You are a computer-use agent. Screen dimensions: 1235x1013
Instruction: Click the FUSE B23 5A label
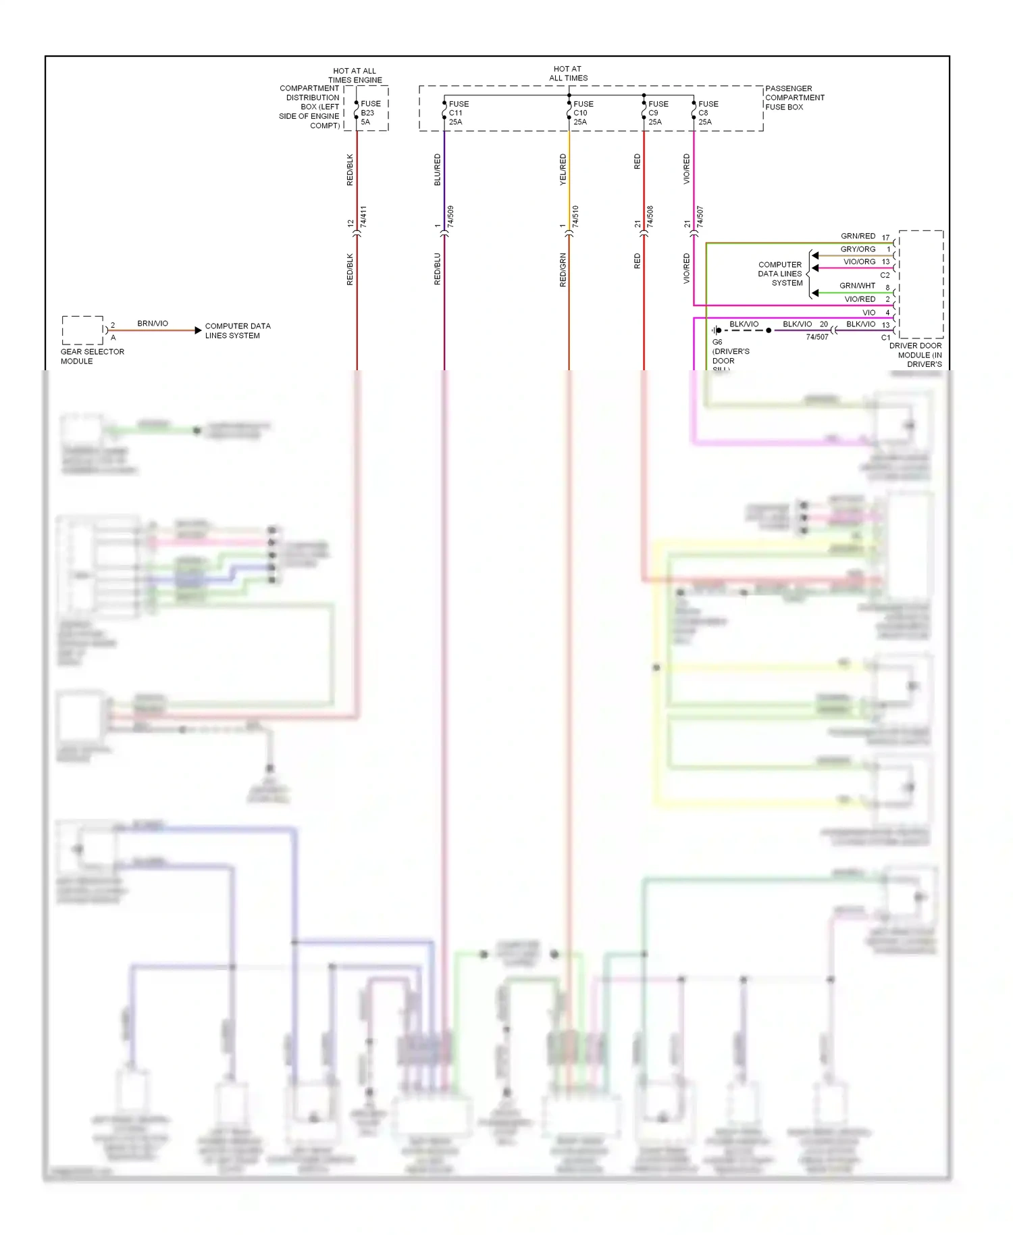(370, 113)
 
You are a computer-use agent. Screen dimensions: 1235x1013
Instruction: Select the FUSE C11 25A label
(459, 113)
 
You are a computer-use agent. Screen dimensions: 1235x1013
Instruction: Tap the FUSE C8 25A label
(708, 113)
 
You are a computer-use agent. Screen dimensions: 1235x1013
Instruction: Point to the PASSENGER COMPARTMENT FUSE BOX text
(794, 97)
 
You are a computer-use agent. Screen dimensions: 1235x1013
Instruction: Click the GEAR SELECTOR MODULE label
(92, 356)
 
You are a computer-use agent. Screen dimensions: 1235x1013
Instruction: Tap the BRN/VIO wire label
(153, 324)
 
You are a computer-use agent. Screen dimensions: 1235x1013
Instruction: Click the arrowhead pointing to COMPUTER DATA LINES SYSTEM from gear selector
(198, 330)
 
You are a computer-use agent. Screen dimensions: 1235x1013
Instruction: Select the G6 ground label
(717, 342)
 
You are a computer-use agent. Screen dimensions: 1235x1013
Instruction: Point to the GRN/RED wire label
(858, 236)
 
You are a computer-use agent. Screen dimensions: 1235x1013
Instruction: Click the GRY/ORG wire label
(858, 249)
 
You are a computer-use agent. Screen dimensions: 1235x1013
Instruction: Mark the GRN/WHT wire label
(857, 286)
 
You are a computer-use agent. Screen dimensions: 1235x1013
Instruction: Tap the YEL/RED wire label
(563, 170)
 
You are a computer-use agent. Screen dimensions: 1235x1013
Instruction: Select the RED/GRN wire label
(563, 270)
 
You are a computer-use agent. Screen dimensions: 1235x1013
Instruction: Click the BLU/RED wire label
(437, 170)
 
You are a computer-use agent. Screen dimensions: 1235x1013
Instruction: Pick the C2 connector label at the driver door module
(885, 275)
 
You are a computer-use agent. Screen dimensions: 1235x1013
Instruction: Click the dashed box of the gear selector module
(82, 330)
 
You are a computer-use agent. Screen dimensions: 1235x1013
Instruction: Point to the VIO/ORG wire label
(859, 261)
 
